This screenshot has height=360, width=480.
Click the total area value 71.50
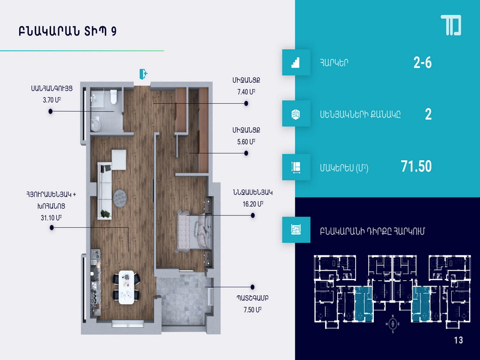[416, 166]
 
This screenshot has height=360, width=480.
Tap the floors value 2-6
[422, 63]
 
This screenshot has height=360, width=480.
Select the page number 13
[458, 340]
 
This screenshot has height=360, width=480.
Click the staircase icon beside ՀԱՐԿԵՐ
[296, 62]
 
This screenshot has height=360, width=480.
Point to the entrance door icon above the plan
[143, 74]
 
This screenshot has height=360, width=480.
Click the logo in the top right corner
[451, 25]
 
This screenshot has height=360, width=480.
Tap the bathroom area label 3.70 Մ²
[52, 100]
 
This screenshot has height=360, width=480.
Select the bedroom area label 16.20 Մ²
[253, 204]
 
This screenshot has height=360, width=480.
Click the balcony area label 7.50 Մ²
[253, 310]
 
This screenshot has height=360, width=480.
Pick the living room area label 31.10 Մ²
[52, 218]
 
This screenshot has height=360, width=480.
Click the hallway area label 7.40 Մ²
[246, 92]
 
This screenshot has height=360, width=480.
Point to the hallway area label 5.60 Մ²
[246, 142]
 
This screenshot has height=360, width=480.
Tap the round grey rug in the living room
[119, 198]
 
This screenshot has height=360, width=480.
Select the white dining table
[127, 287]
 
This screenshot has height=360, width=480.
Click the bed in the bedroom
[194, 231]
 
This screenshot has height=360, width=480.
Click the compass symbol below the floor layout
[393, 323]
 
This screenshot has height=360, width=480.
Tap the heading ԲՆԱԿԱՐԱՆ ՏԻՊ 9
[67, 32]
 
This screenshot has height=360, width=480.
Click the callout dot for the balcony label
[252, 287]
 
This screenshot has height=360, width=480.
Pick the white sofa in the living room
[104, 191]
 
